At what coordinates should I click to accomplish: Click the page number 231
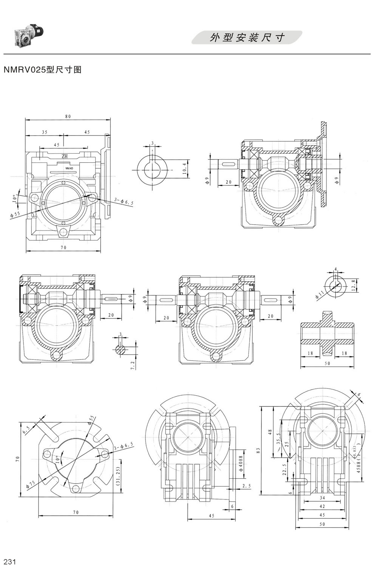[9, 562]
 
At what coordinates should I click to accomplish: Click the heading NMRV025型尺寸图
[42, 70]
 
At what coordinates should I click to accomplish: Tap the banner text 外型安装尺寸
[247, 38]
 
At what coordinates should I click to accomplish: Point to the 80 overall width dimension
[68, 117]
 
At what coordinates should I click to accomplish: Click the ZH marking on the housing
[65, 156]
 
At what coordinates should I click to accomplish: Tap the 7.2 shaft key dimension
[133, 365]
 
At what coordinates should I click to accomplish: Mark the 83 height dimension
[258, 450]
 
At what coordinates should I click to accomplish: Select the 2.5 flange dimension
[246, 486]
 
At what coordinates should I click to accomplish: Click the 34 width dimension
[322, 499]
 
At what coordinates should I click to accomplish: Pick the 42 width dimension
[322, 506]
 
